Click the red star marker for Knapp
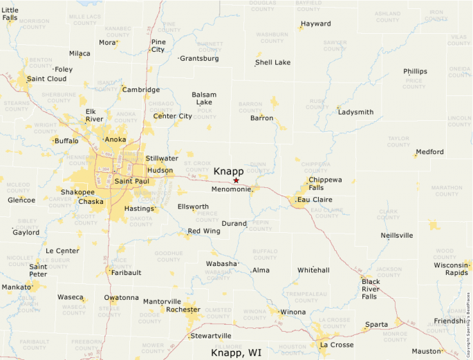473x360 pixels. pyautogui.click(x=236, y=180)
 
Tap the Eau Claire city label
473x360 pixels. pyautogui.click(x=310, y=200)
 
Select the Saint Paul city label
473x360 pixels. pyautogui.click(x=131, y=181)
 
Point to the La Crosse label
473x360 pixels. pyautogui.click(x=337, y=345)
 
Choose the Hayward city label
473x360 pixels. pyautogui.click(x=316, y=23)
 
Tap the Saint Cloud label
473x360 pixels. pyautogui.click(x=46, y=79)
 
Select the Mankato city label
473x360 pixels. pyautogui.click(x=16, y=286)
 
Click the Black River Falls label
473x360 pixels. pyautogui.click(x=371, y=289)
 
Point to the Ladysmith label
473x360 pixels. pyautogui.click(x=355, y=112)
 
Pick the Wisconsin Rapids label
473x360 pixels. pyautogui.click(x=452, y=269)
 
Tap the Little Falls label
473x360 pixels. pyautogui.click(x=10, y=14)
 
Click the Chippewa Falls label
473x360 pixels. pyautogui.click(x=324, y=184)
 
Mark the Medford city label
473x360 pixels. pyautogui.click(x=429, y=151)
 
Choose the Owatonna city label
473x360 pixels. pyautogui.click(x=121, y=298)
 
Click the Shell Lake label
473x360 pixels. pyautogui.click(x=272, y=62)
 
